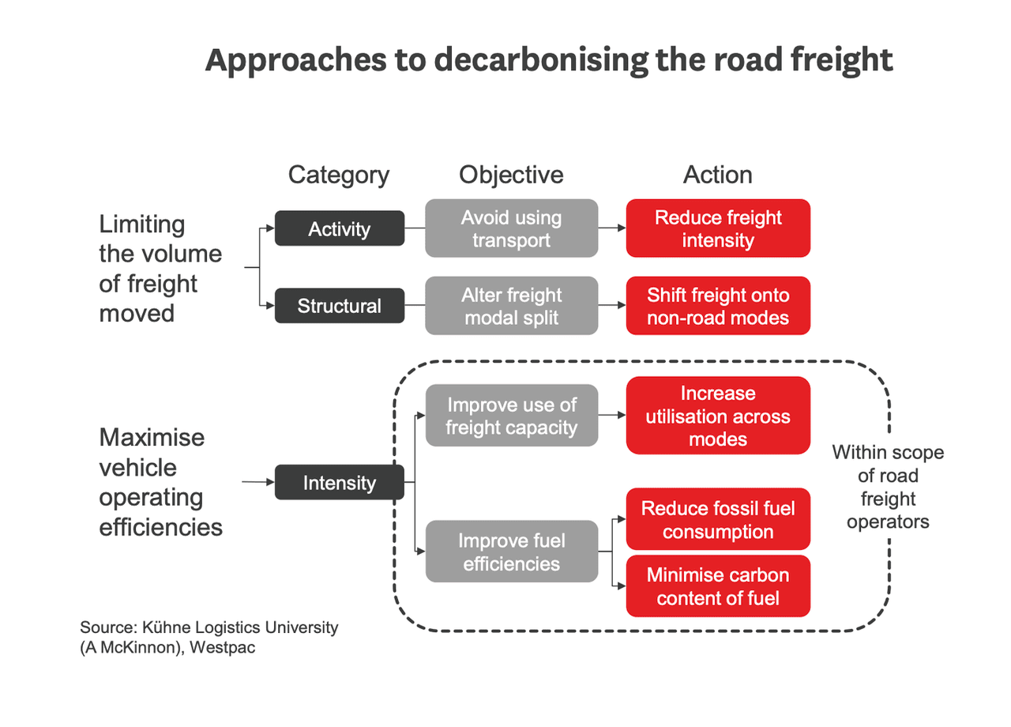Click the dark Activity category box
click(x=339, y=228)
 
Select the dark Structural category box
click(x=339, y=306)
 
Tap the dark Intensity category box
click(x=339, y=483)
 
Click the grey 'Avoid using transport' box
click(x=511, y=228)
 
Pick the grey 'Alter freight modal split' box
click(x=511, y=306)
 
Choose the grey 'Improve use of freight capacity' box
click(x=511, y=416)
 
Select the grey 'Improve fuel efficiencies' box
click(x=511, y=552)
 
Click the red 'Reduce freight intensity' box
click(x=718, y=228)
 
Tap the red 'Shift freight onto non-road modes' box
click(x=718, y=306)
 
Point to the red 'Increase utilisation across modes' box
click(x=718, y=416)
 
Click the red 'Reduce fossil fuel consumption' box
click(x=718, y=520)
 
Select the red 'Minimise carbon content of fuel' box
click(x=718, y=586)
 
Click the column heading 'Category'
click(x=339, y=175)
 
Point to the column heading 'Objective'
click(x=511, y=175)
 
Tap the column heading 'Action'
click(x=718, y=175)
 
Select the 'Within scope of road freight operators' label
click(x=888, y=488)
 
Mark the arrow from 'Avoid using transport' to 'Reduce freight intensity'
click(x=612, y=228)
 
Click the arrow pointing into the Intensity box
click(x=257, y=482)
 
